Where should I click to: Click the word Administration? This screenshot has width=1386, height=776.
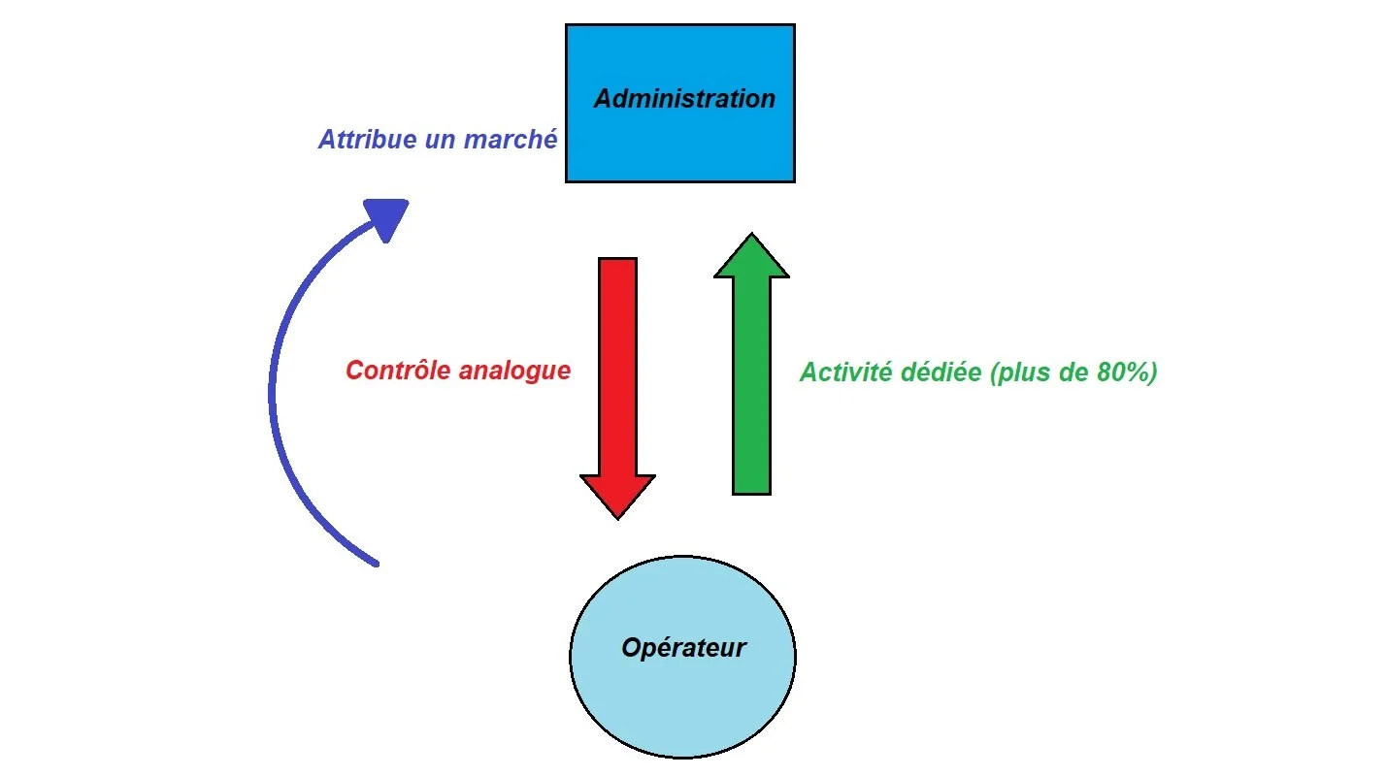point(684,99)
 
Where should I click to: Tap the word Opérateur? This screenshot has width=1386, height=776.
point(683,648)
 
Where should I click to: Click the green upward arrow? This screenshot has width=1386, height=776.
point(751,388)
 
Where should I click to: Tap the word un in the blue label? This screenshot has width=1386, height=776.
point(442,141)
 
